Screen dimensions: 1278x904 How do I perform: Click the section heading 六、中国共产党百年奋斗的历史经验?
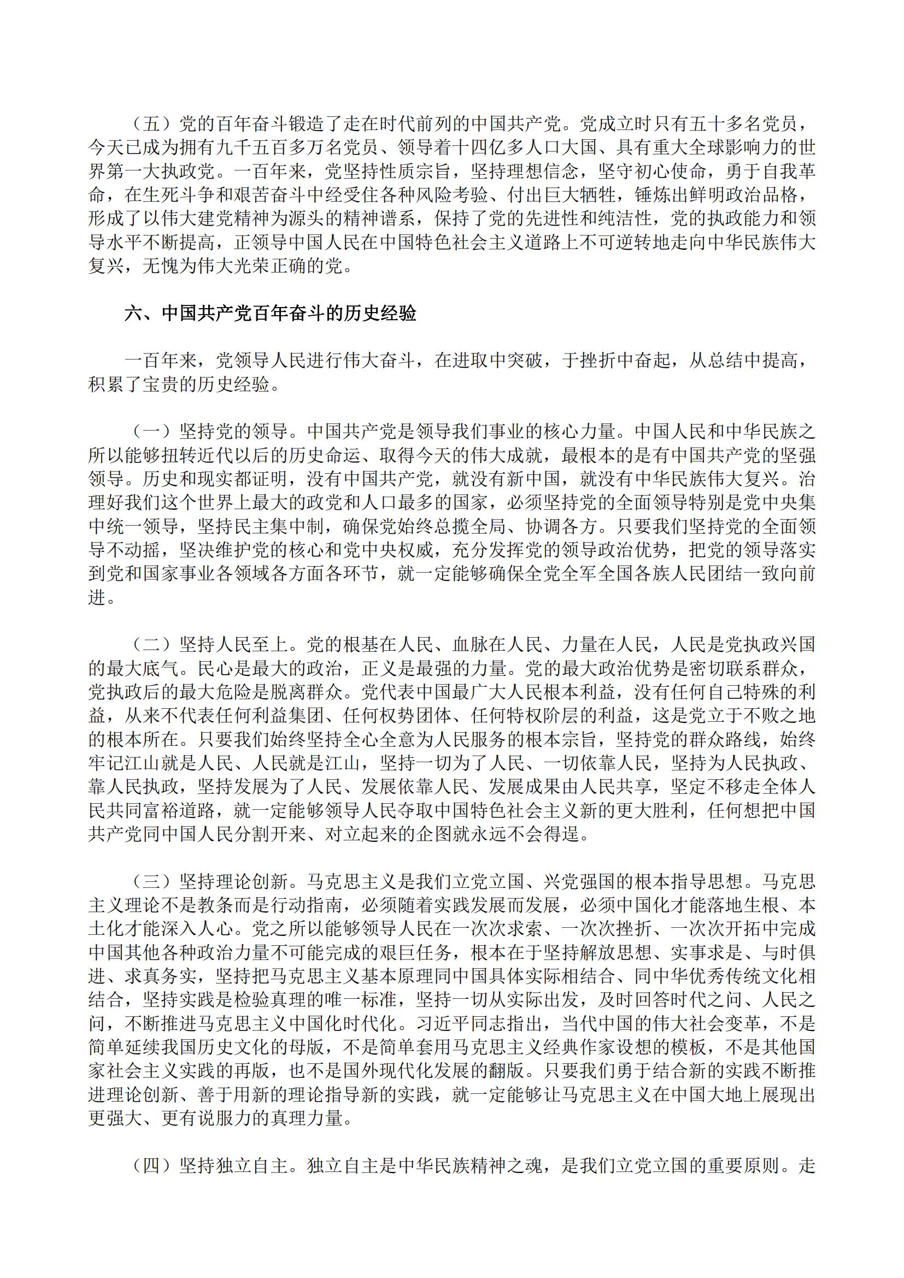coord(271,314)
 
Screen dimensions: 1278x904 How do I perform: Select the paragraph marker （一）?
coord(151,432)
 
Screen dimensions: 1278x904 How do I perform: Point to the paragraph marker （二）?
coord(151,645)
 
